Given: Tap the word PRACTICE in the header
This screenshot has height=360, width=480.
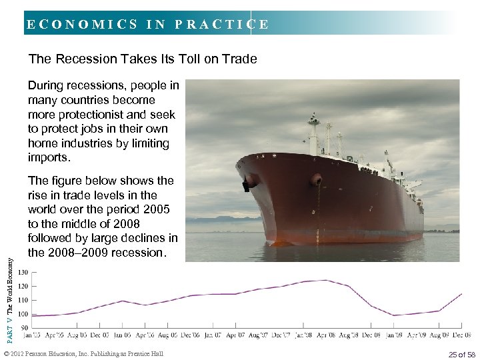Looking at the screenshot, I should [x=221, y=25].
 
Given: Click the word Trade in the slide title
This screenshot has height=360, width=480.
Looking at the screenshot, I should [x=239, y=59].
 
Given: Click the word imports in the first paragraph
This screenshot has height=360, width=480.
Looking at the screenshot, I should [x=48, y=158].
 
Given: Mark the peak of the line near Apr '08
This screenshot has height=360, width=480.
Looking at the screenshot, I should [x=325, y=280].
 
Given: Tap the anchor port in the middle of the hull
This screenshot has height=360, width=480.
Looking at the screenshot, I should [x=317, y=180].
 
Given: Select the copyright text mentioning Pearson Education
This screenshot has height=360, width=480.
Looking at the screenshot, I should [x=83, y=353].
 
